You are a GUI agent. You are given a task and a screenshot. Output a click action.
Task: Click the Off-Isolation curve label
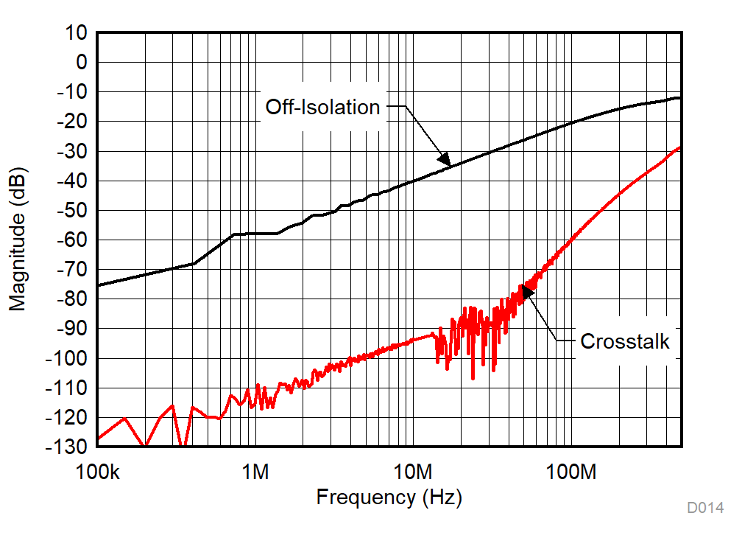point(322,108)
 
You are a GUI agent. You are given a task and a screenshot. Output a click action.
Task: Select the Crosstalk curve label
point(625,341)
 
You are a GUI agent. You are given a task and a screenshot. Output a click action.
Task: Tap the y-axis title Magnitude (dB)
point(18,240)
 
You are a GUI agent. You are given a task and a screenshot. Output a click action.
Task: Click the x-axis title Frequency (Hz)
point(389,498)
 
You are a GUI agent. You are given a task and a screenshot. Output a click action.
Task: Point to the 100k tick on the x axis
point(98,470)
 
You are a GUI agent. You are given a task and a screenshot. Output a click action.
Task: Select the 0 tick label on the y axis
point(81,63)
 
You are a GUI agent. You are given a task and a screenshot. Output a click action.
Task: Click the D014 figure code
point(705,508)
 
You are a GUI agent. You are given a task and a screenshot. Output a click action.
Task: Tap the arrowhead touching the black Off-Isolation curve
point(444,159)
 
